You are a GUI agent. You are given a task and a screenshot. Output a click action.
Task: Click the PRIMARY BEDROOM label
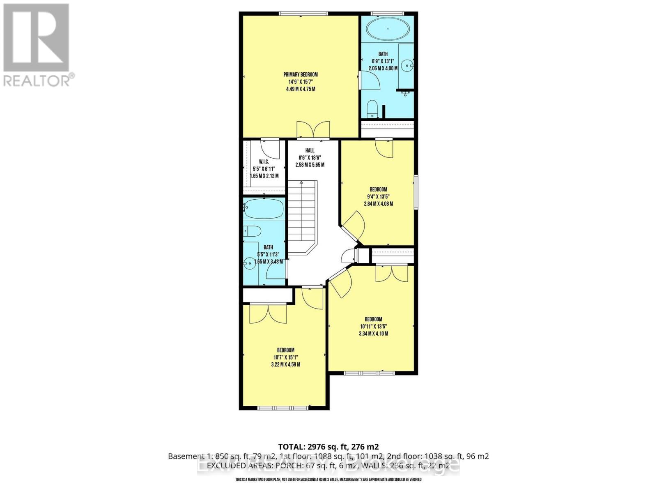[301, 74]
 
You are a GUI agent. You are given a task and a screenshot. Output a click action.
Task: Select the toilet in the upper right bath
[372, 108]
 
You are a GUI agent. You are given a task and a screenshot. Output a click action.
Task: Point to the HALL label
[310, 150]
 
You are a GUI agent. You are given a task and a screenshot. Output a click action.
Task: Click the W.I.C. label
[264, 162]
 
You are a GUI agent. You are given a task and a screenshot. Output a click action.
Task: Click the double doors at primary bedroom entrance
[313, 129]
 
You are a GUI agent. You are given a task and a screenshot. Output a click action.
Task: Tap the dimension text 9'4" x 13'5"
[378, 196]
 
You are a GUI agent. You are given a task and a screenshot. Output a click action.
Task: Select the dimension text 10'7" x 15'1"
[285, 357]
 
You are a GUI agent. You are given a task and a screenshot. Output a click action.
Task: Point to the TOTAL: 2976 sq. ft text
[328, 447]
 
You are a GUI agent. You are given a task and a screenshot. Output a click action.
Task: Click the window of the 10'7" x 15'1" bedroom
[283, 408]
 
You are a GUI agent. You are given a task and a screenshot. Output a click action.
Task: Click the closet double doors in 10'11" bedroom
[392, 273]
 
